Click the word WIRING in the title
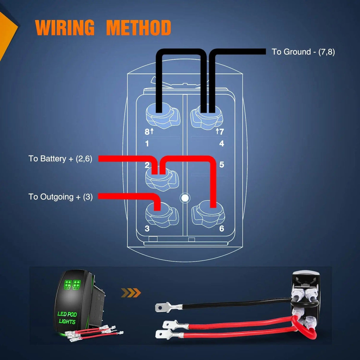[x=65, y=28]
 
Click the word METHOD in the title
[x=138, y=28]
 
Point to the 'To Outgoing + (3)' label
[x=60, y=197]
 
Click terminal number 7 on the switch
[x=221, y=132]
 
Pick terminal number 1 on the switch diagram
[x=147, y=144]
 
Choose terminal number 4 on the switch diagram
[x=222, y=144]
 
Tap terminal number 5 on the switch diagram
[x=222, y=165]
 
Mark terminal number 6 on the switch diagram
[x=222, y=228]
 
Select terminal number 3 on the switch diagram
[x=147, y=228]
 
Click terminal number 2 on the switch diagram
[x=147, y=165]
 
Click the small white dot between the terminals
[x=185, y=198]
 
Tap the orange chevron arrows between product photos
[x=131, y=293]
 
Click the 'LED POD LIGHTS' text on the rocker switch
[x=67, y=318]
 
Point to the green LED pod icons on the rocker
[x=72, y=284]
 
